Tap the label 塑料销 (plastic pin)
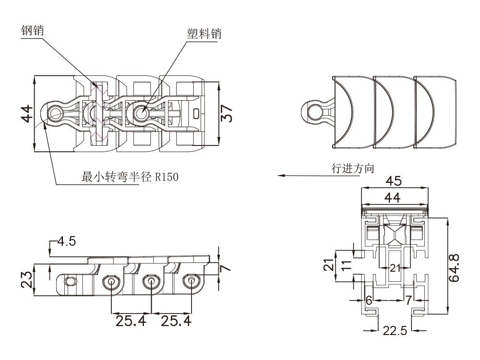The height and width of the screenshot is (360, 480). pyautogui.click(x=204, y=34)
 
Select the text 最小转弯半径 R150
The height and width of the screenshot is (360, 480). pyautogui.click(x=130, y=177)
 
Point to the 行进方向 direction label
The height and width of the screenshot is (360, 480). pyautogui.click(x=353, y=168)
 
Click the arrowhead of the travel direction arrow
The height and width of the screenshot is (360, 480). pyautogui.click(x=280, y=176)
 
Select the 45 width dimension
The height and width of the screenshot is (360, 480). pyautogui.click(x=394, y=181)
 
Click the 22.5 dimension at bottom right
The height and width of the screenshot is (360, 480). pyautogui.click(x=394, y=331)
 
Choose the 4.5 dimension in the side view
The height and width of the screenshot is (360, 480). pyautogui.click(x=66, y=241)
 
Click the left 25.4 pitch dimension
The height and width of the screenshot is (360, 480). pyautogui.click(x=131, y=320)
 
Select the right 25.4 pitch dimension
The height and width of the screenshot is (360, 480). pyautogui.click(x=175, y=320)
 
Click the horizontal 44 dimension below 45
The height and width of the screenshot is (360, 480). pyautogui.click(x=394, y=196)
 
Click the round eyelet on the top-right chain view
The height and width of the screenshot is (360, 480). pyautogui.click(x=314, y=111)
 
